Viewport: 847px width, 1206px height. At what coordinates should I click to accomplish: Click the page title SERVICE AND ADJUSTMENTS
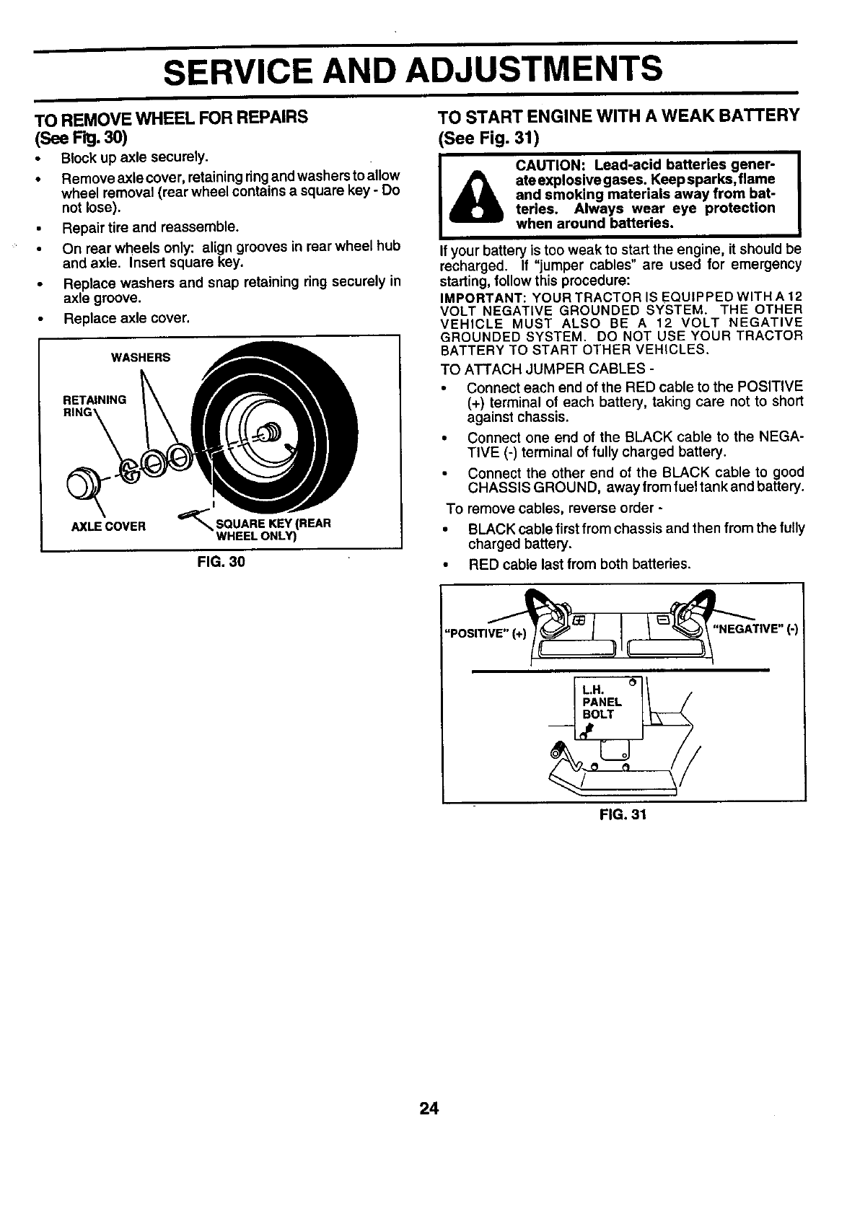click(x=412, y=70)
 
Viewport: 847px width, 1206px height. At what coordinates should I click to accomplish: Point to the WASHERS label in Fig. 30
click(x=140, y=358)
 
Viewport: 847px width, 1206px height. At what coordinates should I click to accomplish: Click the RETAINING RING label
click(x=94, y=405)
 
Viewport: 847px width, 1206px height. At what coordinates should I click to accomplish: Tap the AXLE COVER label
click(x=108, y=526)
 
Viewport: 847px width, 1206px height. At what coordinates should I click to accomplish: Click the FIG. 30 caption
click(x=221, y=562)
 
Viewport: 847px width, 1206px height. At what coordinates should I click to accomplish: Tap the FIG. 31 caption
click(x=623, y=815)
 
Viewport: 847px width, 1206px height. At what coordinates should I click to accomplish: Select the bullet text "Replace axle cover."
click(x=126, y=318)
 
